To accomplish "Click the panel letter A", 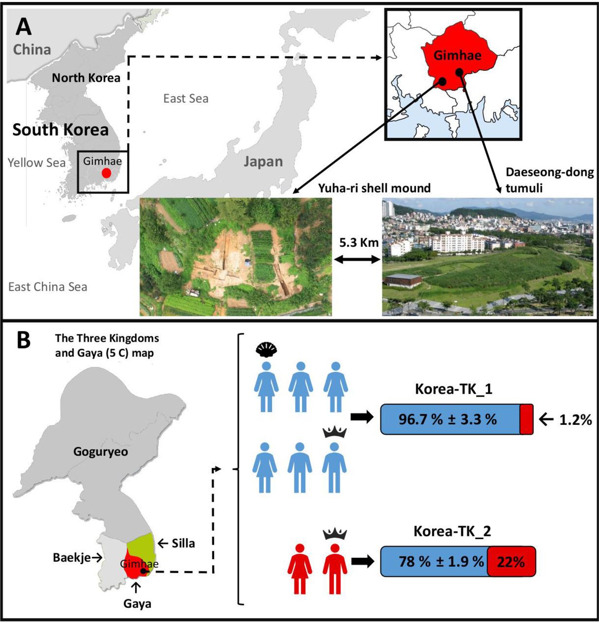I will pyautogui.click(x=23, y=27).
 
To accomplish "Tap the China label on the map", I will pyautogui.click(x=32, y=50).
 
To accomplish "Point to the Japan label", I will pyautogui.click(x=263, y=161).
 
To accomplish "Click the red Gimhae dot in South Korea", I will pyautogui.click(x=106, y=173).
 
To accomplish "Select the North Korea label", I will pyautogui.click(x=86, y=77).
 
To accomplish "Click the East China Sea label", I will pyautogui.click(x=48, y=287).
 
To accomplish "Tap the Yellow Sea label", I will pyautogui.click(x=37, y=163).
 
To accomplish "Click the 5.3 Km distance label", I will pyautogui.click(x=360, y=242).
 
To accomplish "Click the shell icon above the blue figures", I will pyautogui.click(x=266, y=349).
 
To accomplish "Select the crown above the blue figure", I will pyautogui.click(x=334, y=432).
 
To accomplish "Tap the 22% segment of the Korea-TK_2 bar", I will pyautogui.click(x=511, y=562).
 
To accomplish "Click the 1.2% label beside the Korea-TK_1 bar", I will pyautogui.click(x=575, y=420).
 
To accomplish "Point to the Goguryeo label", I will pyautogui.click(x=100, y=452).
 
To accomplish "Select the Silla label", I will pyautogui.click(x=183, y=543).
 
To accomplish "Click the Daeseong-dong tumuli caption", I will pyautogui.click(x=549, y=179).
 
